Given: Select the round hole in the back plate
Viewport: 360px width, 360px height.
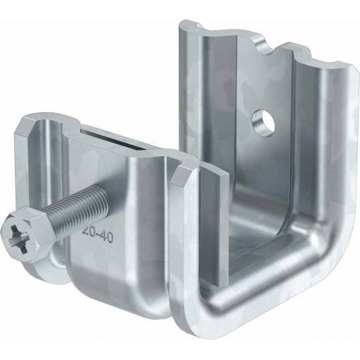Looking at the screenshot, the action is pyautogui.click(x=263, y=122).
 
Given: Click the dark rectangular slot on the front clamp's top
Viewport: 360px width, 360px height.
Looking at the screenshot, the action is pyautogui.click(x=111, y=139).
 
